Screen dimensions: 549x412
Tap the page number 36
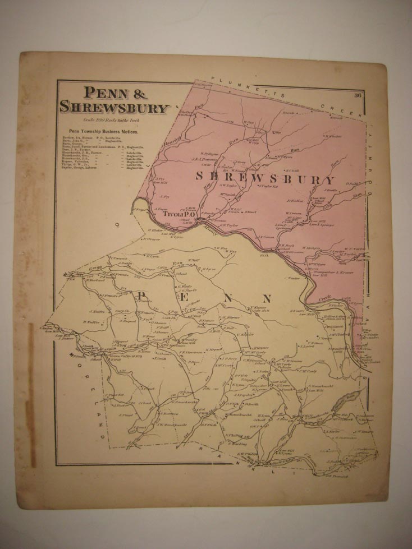[x=358, y=95]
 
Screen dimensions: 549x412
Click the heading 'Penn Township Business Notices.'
[x=104, y=131]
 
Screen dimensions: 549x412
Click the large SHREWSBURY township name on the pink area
[x=265, y=179]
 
